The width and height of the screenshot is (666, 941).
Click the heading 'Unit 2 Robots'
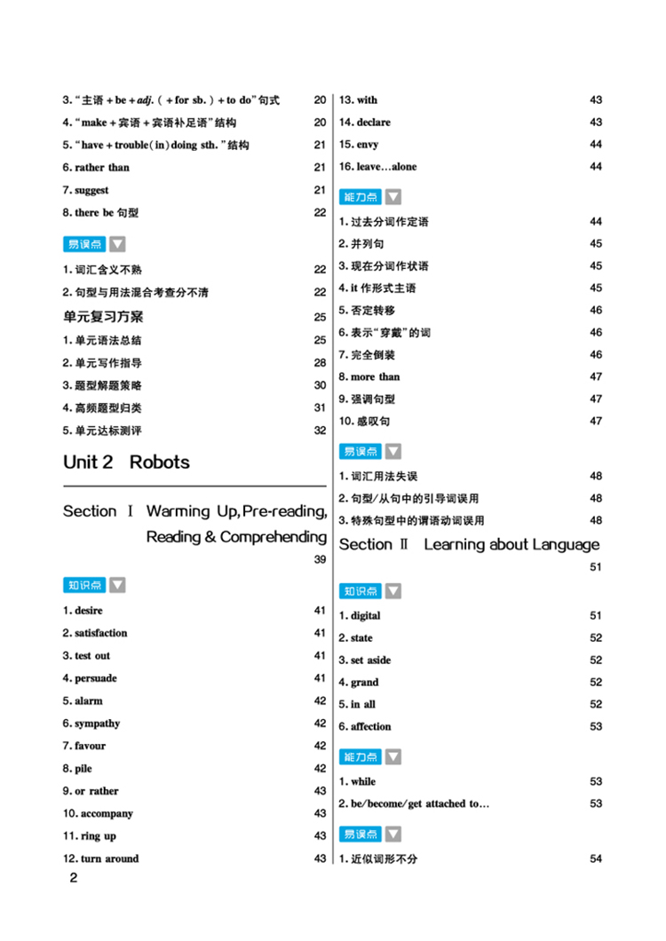[x=126, y=463]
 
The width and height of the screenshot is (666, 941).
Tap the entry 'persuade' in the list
[x=90, y=678]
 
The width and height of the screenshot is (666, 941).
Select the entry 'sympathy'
[x=91, y=724]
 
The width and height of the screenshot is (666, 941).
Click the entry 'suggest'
[x=86, y=190]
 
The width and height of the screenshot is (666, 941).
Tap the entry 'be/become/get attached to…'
[x=414, y=803]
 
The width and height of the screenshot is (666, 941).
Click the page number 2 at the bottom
[x=74, y=879]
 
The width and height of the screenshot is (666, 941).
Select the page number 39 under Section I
[x=320, y=559]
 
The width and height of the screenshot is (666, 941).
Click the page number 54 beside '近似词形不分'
[x=596, y=858]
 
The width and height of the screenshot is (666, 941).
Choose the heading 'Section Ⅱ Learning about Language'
[x=469, y=544]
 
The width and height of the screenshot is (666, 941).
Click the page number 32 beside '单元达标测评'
[x=320, y=431]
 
